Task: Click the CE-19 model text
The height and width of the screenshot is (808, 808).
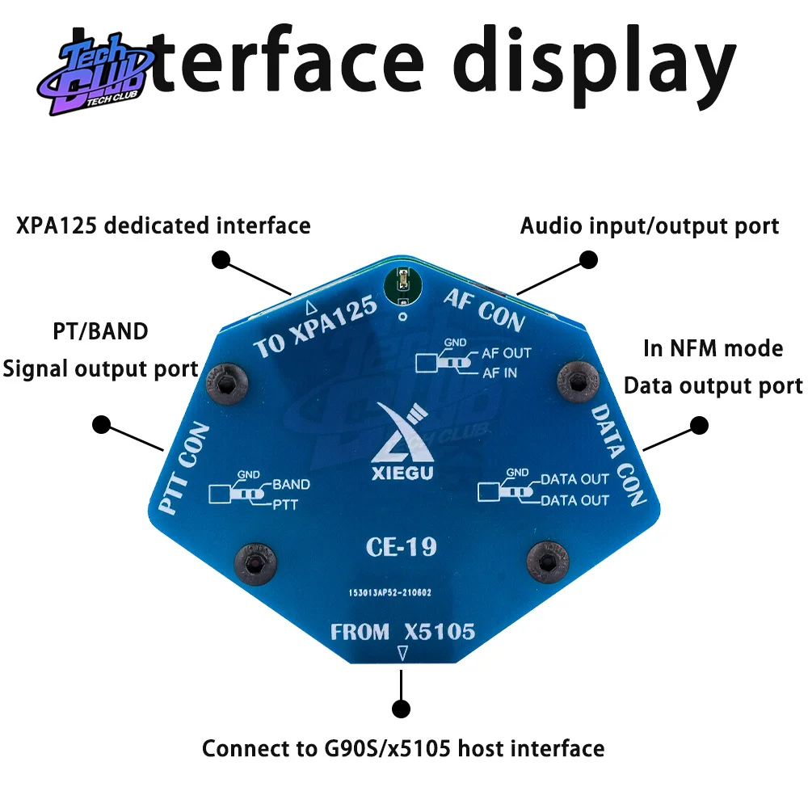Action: pyautogui.click(x=401, y=547)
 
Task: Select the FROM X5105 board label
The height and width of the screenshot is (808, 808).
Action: pyautogui.click(x=402, y=632)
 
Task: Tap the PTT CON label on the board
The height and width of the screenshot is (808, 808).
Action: pyautogui.click(x=184, y=468)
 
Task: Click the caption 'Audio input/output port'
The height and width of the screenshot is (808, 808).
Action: pyautogui.click(x=650, y=226)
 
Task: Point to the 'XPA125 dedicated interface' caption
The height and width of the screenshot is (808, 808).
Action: pyautogui.click(x=163, y=225)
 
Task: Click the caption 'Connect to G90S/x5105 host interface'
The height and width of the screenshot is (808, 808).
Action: pyautogui.click(x=402, y=748)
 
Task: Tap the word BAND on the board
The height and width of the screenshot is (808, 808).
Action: pyautogui.click(x=291, y=485)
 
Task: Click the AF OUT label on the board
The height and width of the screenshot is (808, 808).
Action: pyautogui.click(x=507, y=353)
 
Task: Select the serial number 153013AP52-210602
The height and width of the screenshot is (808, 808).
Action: pyautogui.click(x=390, y=592)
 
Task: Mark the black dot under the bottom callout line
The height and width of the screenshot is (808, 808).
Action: pyautogui.click(x=401, y=709)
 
